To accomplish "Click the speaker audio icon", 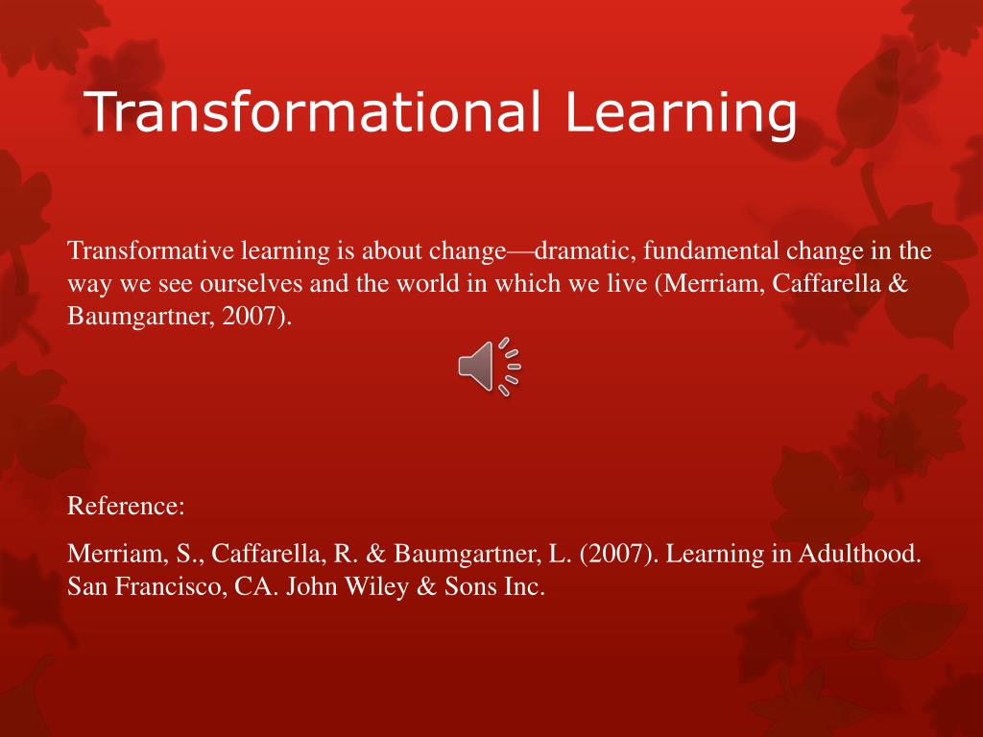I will pyautogui.click(x=489, y=367).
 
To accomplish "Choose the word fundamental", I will pyautogui.click(x=712, y=252).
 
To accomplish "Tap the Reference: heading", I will pyautogui.click(x=126, y=507).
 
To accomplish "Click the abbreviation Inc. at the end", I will pyautogui.click(x=524, y=587).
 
